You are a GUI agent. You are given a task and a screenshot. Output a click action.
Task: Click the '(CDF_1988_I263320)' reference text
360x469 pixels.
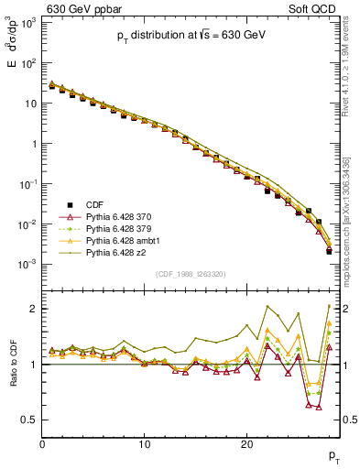(x=191, y=273)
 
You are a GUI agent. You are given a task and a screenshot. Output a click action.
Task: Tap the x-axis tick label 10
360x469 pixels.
(x=145, y=444)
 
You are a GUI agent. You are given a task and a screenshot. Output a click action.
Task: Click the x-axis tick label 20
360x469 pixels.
(x=246, y=444)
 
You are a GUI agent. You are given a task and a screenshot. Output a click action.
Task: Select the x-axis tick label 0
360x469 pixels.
(x=43, y=444)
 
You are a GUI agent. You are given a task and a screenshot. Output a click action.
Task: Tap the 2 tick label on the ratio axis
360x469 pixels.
(x=34, y=309)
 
